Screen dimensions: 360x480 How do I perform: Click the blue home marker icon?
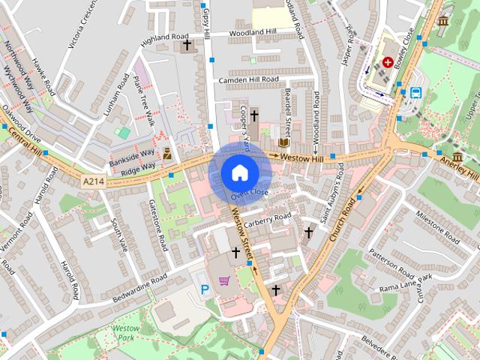pos(238,172)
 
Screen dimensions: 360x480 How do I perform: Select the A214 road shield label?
pos(94,181)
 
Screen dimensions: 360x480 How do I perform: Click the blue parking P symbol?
pos(202,289)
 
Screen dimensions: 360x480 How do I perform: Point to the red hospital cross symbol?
pos(388,63)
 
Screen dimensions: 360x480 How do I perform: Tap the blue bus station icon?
pos(415,93)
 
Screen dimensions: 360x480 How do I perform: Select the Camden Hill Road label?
pos(249,79)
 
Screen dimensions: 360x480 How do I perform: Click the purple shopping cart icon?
pos(223,281)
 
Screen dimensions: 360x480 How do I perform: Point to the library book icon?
pos(283,142)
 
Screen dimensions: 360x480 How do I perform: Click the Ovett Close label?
pos(249,194)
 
